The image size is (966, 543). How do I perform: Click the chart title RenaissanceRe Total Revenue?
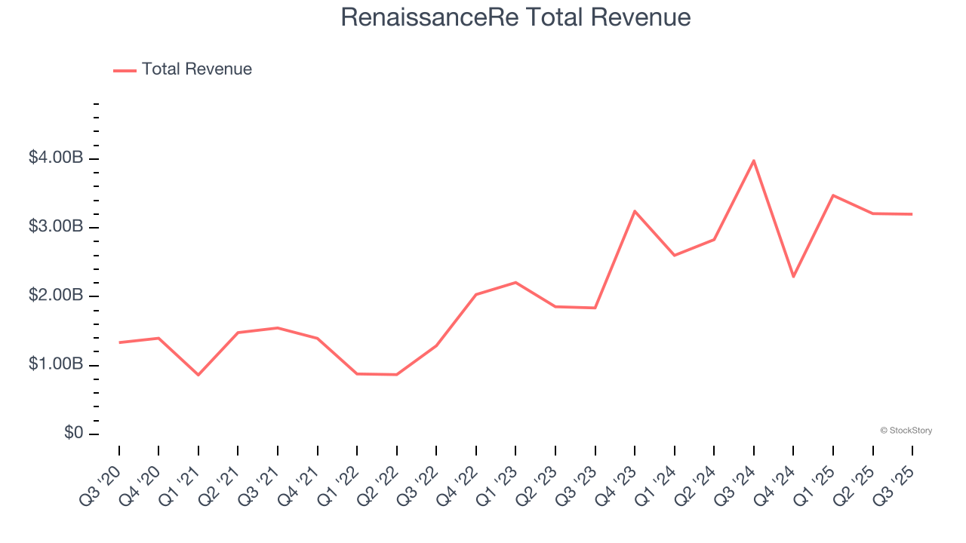[x=515, y=17]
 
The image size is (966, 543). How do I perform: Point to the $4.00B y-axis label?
[x=55, y=158]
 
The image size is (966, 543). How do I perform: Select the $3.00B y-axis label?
[x=55, y=227]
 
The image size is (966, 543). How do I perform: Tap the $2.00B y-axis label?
[x=55, y=296]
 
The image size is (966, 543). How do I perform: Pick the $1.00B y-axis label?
[x=55, y=365]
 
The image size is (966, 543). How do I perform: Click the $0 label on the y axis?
[x=74, y=434]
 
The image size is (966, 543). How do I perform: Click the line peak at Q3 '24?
[x=754, y=161]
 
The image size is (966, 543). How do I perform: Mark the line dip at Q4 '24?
[x=793, y=277]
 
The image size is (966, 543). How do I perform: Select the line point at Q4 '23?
[x=635, y=211]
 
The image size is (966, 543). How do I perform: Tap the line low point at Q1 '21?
[x=198, y=375]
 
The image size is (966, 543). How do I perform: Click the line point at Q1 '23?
[x=515, y=282]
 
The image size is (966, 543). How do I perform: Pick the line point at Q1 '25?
[x=833, y=195]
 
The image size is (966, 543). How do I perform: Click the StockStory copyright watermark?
[x=906, y=431]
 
